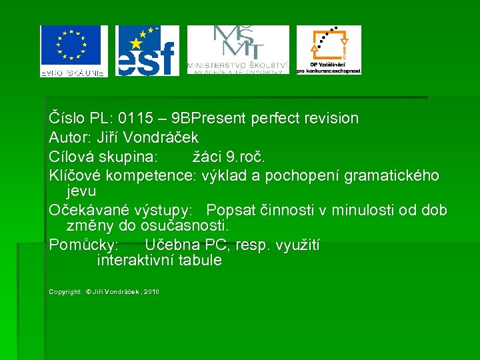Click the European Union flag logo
pyautogui.click(x=73, y=51)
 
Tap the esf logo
pyautogui.click(x=147, y=51)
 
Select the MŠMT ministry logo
pyautogui.click(x=237, y=50)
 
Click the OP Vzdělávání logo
pyautogui.click(x=329, y=50)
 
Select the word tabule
pyautogui.click(x=199, y=261)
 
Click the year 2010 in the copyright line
pyautogui.click(x=151, y=292)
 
